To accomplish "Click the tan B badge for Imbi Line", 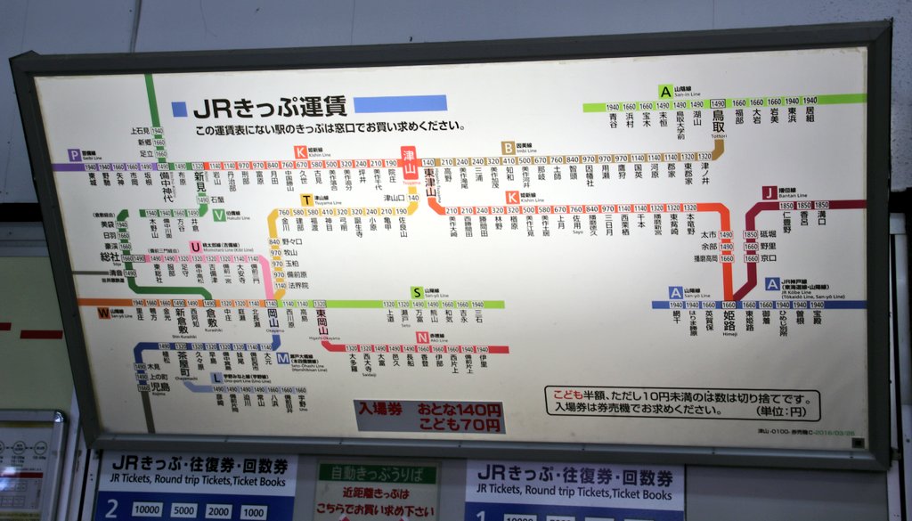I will point(508,148).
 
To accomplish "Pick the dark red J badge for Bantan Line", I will point(769,192).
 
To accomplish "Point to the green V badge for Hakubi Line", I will point(219,215).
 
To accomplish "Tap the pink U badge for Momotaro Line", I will point(195,247).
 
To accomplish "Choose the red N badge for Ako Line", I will point(421,337).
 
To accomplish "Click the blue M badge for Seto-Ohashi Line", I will point(282,358).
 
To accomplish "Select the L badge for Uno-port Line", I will point(216,378).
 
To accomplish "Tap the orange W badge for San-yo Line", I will point(104,313).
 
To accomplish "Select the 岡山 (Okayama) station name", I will point(273,317).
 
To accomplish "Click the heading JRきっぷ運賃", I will point(270,107).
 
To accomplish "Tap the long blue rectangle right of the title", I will point(400,103).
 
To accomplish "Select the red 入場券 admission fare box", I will point(429,416).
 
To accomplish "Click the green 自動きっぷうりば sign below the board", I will point(378,475).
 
